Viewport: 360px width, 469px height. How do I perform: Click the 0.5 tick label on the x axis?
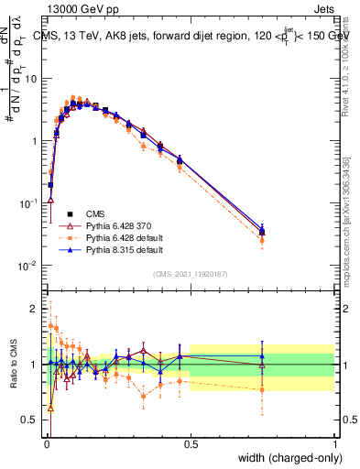191,445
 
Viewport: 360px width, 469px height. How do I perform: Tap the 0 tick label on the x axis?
46,445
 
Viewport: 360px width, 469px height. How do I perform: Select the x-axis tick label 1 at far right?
335,445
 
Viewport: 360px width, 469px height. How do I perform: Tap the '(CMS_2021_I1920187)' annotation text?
191,273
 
